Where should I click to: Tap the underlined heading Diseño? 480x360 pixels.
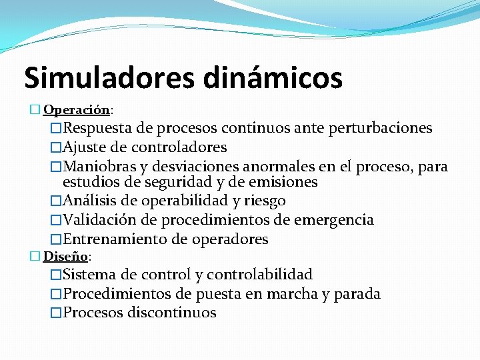click(x=65, y=255)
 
